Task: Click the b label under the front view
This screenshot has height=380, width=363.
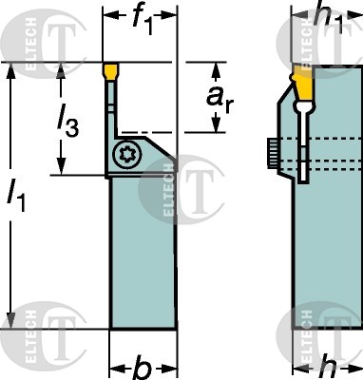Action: tap(142, 367)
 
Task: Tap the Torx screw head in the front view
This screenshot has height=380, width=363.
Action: tap(126, 152)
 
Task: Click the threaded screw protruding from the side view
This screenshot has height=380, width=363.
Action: tap(273, 149)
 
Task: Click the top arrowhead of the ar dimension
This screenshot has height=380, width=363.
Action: tap(220, 69)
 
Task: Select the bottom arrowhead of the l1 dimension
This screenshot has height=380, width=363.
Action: tap(11, 323)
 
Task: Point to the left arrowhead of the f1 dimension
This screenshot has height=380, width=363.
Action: tap(107, 17)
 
